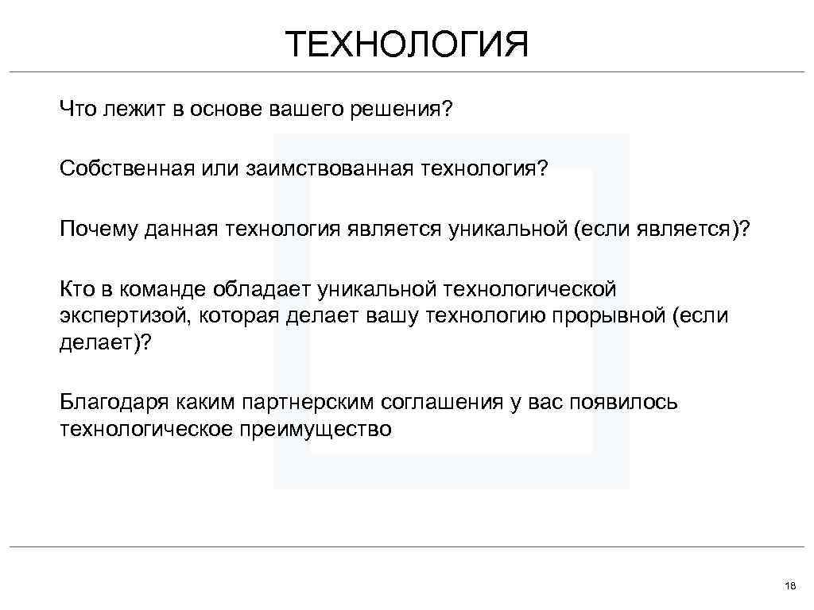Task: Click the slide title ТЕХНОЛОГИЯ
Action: [x=407, y=44]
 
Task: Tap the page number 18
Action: [x=789, y=585]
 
